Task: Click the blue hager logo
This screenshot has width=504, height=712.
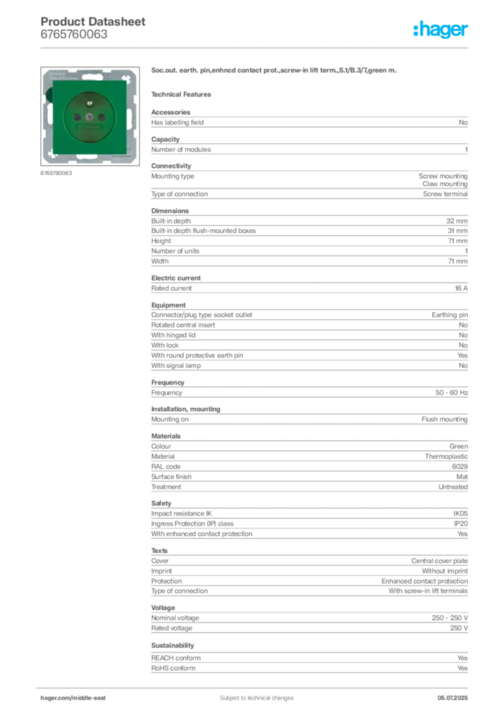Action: click(x=441, y=30)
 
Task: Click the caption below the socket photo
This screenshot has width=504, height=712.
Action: click(x=56, y=174)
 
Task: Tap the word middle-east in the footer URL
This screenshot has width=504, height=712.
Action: click(x=90, y=697)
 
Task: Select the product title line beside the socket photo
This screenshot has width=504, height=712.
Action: click(x=275, y=70)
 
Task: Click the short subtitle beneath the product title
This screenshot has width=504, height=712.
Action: click(x=184, y=94)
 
